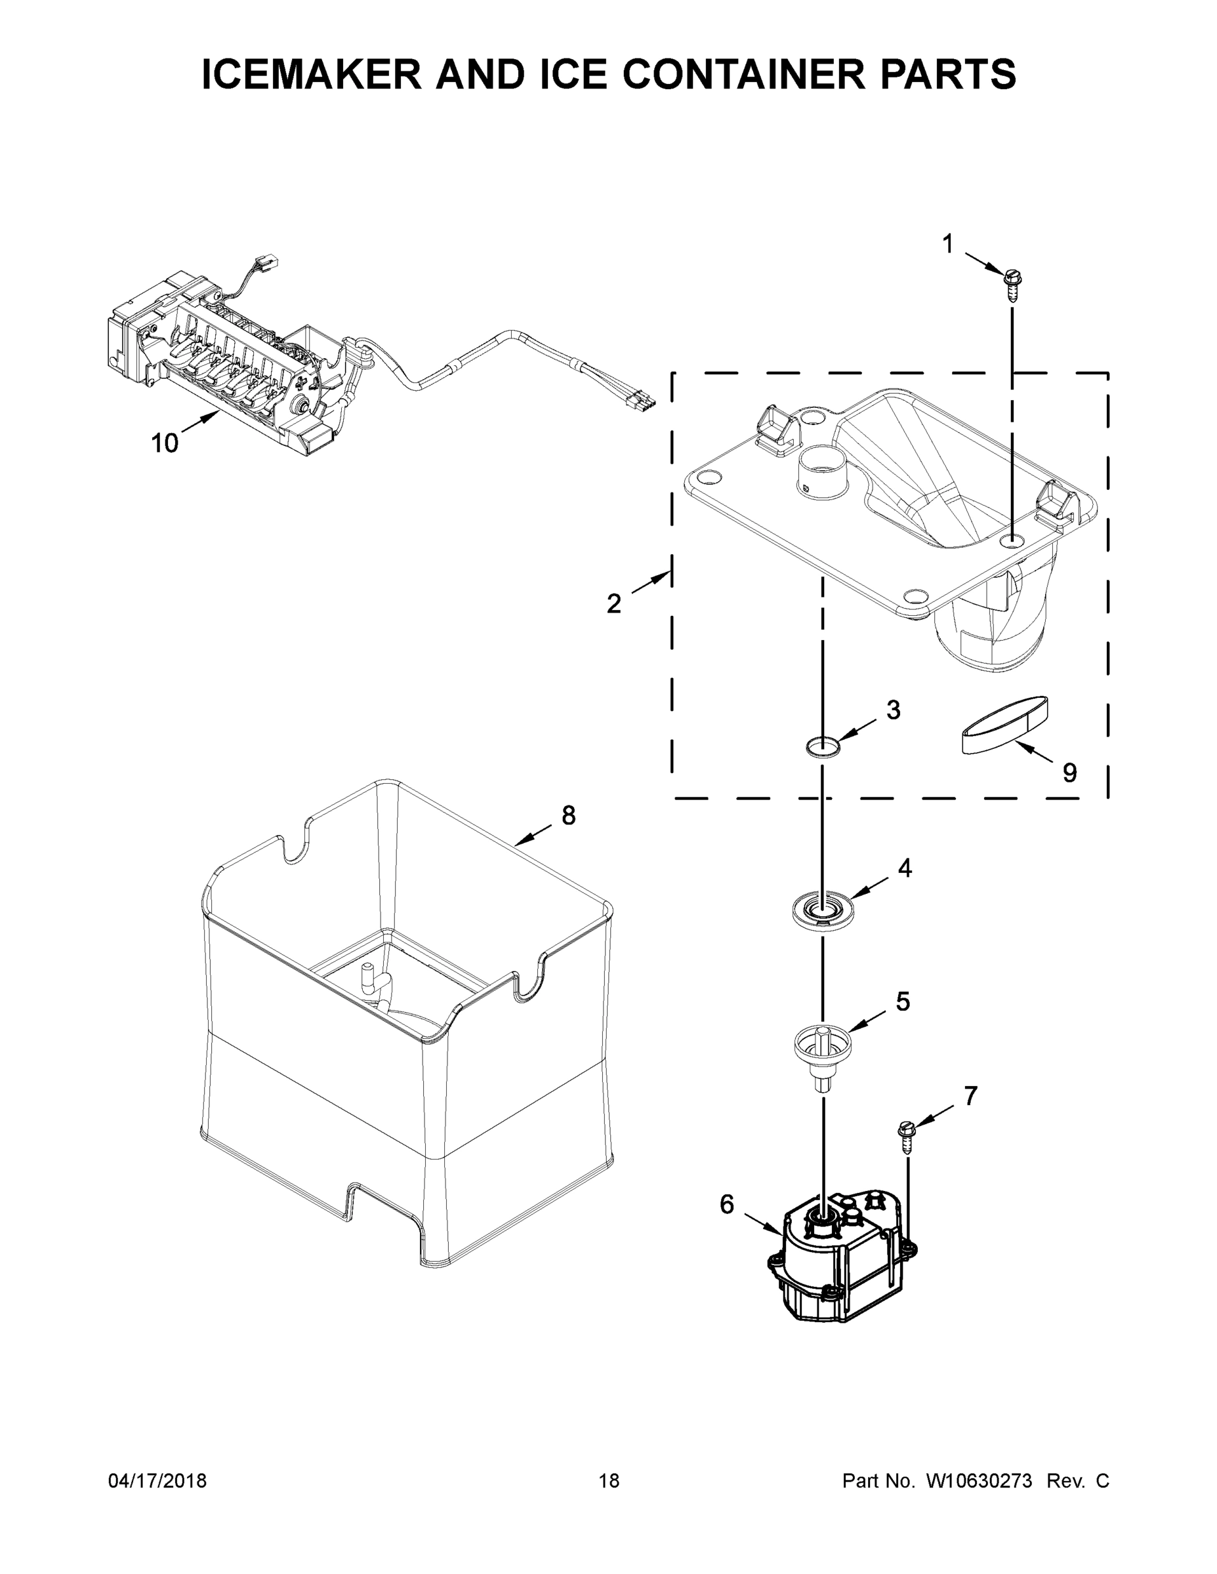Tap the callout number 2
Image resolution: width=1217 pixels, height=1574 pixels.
(613, 603)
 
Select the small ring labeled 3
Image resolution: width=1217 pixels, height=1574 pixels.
(823, 746)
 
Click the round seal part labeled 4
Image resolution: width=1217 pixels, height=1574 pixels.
(823, 913)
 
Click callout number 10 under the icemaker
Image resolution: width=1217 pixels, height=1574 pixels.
(165, 443)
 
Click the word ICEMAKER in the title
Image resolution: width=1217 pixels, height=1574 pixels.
(312, 74)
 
